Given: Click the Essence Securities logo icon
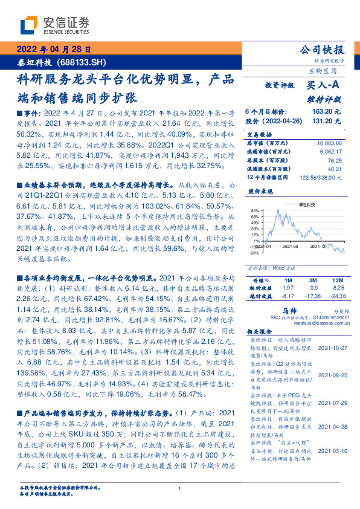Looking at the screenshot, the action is coord(30,25).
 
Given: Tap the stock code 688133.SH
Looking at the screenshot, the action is coord(82,62).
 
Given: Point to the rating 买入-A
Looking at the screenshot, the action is coord(324,86).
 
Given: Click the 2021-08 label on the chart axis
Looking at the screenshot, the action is coord(291,247).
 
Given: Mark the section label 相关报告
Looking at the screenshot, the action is coord(262,332).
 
